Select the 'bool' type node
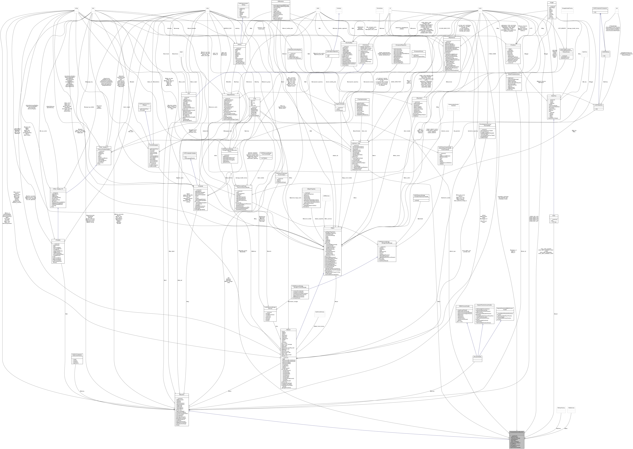(x=93, y=8)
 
